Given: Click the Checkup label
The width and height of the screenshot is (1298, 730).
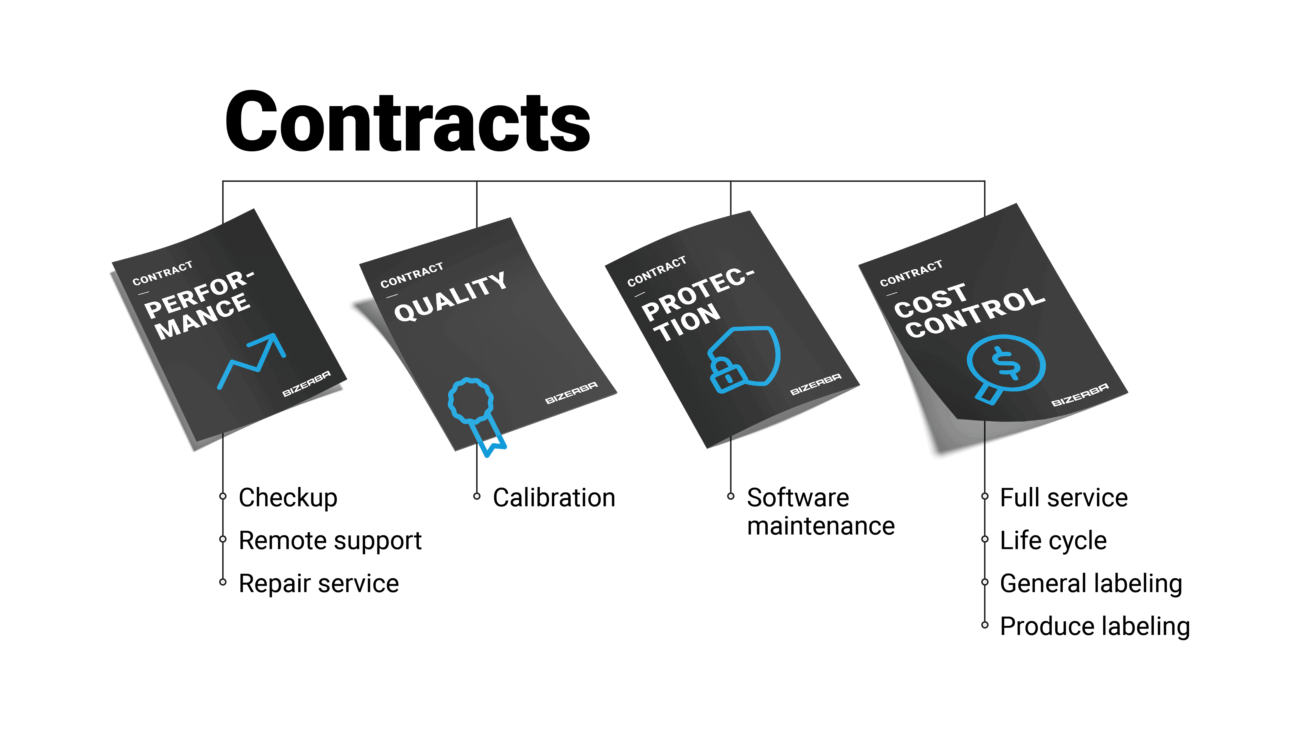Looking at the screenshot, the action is [x=288, y=498].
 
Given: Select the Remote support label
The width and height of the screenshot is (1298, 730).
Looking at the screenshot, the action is [x=330, y=540].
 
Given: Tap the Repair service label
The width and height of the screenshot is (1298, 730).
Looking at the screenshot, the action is [x=318, y=583].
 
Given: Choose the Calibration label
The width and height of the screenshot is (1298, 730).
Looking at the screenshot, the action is [x=554, y=498].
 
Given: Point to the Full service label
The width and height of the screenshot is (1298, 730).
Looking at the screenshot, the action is [x=1064, y=498].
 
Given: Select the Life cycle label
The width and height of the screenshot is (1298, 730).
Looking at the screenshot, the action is [x=1053, y=540].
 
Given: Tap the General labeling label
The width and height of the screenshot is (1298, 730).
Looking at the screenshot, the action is [x=1091, y=583].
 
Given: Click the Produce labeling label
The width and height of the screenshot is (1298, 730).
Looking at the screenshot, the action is [x=1095, y=626].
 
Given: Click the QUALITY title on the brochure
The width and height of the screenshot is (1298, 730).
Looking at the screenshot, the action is [x=450, y=297].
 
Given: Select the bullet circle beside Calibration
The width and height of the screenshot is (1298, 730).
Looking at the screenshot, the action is [x=477, y=496].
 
